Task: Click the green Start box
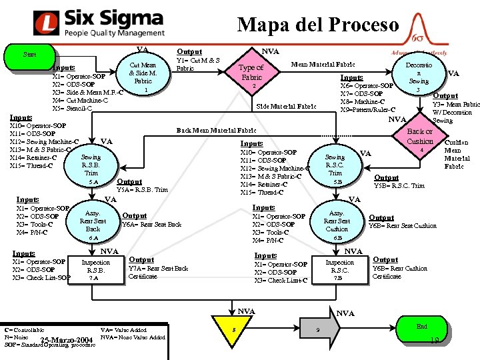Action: pos(29,55)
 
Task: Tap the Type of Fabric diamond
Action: pos(251,74)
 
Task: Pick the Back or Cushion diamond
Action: pos(420,138)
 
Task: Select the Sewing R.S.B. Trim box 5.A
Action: pos(91,167)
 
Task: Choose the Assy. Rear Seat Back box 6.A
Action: pos(93,221)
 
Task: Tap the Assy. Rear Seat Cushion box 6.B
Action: pos(336,221)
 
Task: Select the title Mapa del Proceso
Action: pos(318,25)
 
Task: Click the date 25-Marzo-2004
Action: pos(66,341)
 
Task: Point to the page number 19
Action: pos(435,341)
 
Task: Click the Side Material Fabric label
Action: pos(286,106)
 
